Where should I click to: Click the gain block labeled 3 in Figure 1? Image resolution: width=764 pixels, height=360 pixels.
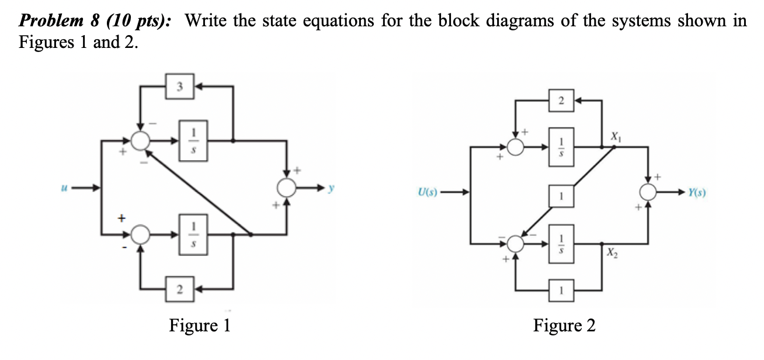click(x=180, y=86)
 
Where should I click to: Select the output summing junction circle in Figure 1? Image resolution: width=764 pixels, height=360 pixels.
click(x=287, y=188)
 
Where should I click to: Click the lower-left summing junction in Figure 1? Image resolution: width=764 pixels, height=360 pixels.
click(x=140, y=235)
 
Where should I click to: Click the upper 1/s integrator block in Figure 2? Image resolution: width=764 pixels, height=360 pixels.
click(x=560, y=146)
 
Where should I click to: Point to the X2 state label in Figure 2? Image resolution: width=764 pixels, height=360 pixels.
click(x=613, y=252)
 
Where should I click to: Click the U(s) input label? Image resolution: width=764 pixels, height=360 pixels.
click(x=430, y=192)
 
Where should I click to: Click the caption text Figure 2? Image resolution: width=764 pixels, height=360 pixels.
click(x=564, y=326)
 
